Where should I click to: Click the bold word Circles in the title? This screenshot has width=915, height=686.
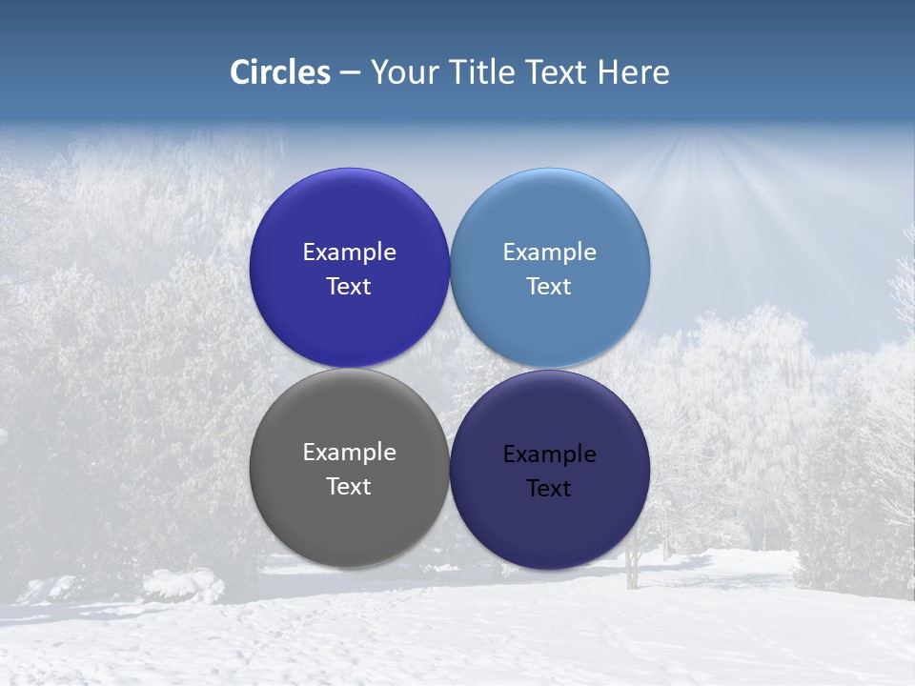pyautogui.click(x=280, y=72)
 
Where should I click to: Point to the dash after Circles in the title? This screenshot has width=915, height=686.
pyautogui.click(x=350, y=73)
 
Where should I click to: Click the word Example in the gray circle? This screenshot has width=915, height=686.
pyautogui.click(x=349, y=453)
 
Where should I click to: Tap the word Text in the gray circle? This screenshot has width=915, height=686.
pyautogui.click(x=349, y=487)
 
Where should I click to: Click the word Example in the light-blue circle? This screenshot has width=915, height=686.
pyautogui.click(x=550, y=252)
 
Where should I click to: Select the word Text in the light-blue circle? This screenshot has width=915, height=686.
pyautogui.click(x=550, y=287)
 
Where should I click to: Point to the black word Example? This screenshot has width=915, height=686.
pyautogui.click(x=550, y=454)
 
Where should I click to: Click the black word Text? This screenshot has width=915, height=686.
pyautogui.click(x=550, y=489)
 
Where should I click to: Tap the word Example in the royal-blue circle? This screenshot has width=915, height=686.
pyautogui.click(x=349, y=252)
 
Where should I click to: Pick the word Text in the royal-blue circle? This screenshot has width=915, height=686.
pyautogui.click(x=349, y=287)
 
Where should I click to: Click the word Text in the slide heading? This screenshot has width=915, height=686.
pyautogui.click(x=558, y=72)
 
